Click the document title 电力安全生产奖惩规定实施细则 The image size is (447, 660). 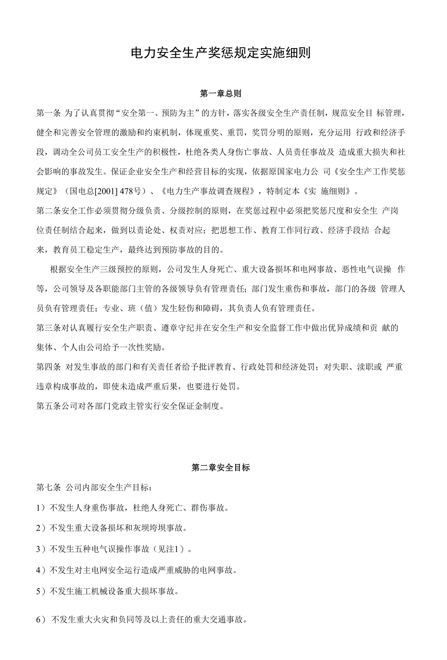[221, 52]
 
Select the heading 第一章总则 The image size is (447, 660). [221, 93]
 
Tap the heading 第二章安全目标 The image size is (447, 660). [221, 468]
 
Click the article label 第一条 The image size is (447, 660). [49, 113]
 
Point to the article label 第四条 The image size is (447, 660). [49, 367]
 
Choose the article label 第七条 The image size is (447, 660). [49, 487]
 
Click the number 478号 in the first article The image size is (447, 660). [131, 191]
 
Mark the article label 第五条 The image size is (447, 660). [49, 406]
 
